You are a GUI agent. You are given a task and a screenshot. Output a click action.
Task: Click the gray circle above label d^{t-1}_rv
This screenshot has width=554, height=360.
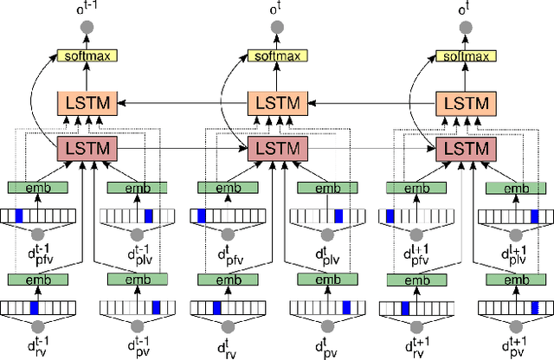tap(36, 326)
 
